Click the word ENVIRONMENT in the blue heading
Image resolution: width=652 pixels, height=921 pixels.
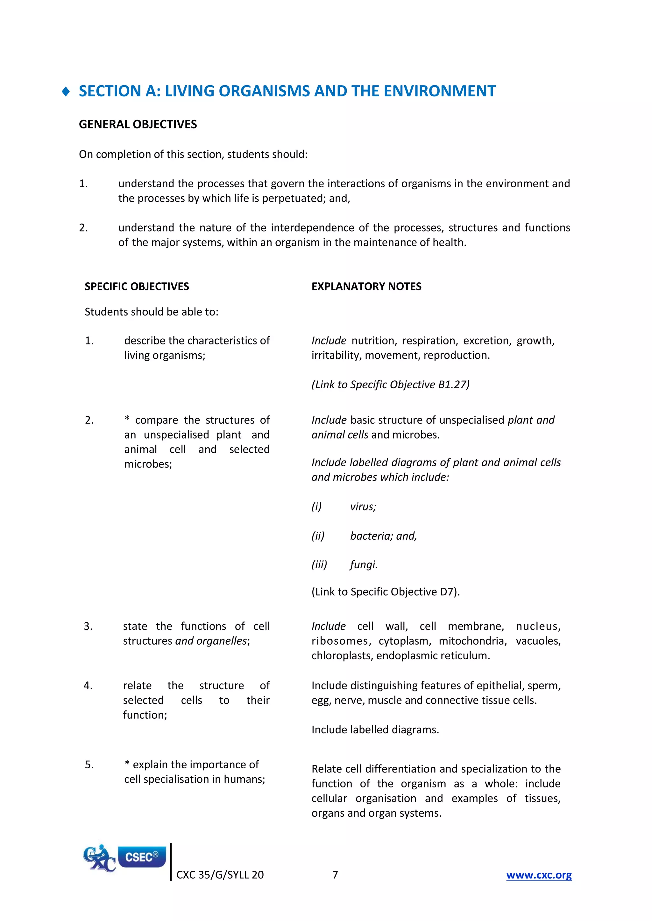coord(440,91)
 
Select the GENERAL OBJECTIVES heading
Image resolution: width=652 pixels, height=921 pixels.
coord(138,124)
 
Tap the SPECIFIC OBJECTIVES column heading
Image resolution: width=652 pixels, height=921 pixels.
coord(137,287)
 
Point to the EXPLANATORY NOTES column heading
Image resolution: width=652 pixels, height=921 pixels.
coord(366,287)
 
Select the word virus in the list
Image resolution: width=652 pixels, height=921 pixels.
coord(363,507)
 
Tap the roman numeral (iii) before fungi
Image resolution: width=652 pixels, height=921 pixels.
coord(319,565)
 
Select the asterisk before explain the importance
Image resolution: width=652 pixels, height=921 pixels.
coord(127,765)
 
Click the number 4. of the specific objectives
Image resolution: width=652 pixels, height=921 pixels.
coord(88,686)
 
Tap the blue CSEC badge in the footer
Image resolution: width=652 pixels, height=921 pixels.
coord(142,857)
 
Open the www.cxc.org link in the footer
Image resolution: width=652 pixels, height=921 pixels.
coord(538,875)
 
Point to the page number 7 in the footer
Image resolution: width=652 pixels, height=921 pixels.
coord(335,875)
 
